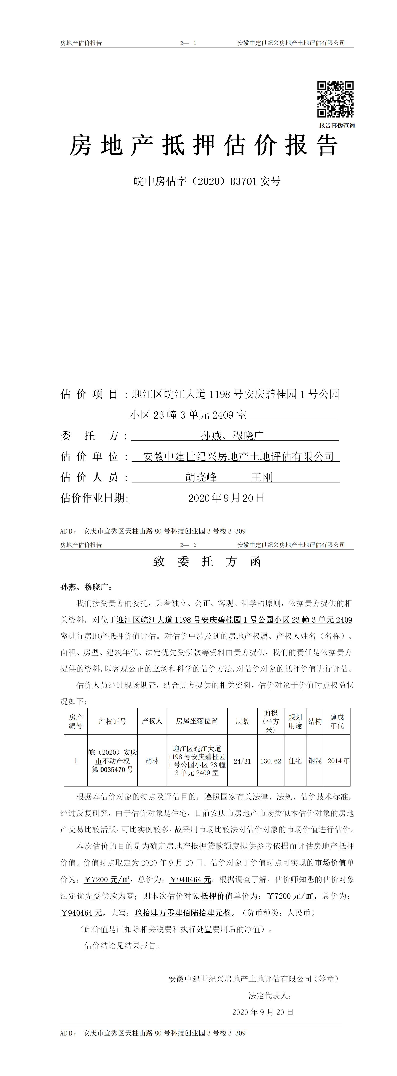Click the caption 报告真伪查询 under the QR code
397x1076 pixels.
pyautogui.click(x=337, y=125)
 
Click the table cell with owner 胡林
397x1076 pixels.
pyautogui.click(x=152, y=761)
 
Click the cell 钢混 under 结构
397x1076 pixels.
pyautogui.click(x=315, y=761)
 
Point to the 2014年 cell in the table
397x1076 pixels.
pyautogui.click(x=338, y=761)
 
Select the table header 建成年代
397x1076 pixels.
pyautogui.click(x=337, y=721)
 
